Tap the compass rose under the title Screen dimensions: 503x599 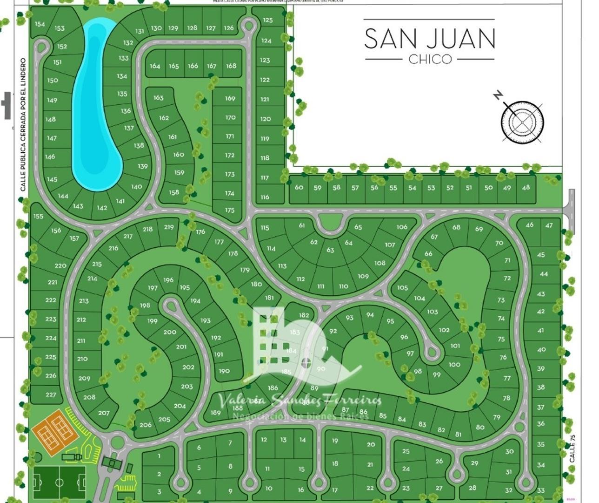pyautogui.click(x=522, y=122)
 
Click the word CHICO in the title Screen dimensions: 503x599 pyautogui.click(x=430, y=59)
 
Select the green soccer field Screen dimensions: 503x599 pyautogui.click(x=59, y=483)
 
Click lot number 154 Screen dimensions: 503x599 pyautogui.click(x=40, y=24)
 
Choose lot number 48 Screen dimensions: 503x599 pyautogui.click(x=526, y=188)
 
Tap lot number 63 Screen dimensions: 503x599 pyautogui.click(x=330, y=250)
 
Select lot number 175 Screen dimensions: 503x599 pyautogui.click(x=230, y=210)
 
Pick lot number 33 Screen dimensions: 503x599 pyautogui.click(x=540, y=490)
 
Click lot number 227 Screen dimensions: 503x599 pyautogui.click(x=51, y=394)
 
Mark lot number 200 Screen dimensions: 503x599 pyautogui.click(x=170, y=332)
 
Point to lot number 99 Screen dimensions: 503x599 pyautogui.click(x=436, y=375)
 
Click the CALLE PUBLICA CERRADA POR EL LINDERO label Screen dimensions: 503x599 pyautogui.click(x=23, y=125)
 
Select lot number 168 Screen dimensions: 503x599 pyautogui.click(x=231, y=66)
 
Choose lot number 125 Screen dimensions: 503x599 pyautogui.click(x=267, y=20)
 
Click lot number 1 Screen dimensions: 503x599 pyautogui.click(x=159, y=456)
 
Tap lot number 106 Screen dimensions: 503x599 pyautogui.click(x=402, y=227)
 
